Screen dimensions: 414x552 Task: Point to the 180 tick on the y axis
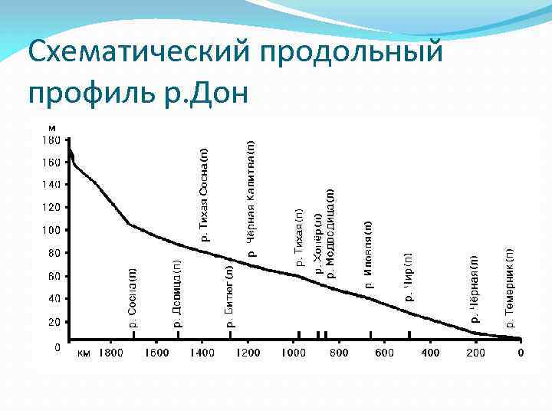click(51, 140)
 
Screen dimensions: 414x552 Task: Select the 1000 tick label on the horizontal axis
click(293, 353)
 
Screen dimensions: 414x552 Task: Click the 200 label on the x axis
click(475, 353)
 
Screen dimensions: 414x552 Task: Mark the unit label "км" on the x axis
click(84, 353)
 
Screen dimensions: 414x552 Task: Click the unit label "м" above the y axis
click(51, 127)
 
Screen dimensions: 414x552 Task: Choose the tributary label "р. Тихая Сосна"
click(205, 195)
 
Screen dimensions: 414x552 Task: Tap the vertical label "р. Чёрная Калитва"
click(251, 198)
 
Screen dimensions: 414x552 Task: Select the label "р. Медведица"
click(330, 233)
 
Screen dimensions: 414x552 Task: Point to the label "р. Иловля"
click(369, 254)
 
